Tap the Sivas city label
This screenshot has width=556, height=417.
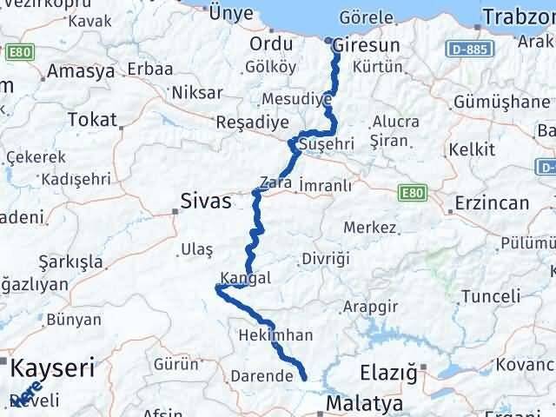206,201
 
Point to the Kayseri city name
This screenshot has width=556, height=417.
52,369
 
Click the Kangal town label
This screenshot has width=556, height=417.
246,278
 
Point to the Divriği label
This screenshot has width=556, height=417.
325,259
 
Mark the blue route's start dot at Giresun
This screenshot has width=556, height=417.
329,41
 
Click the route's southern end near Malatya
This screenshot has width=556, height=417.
304,377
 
